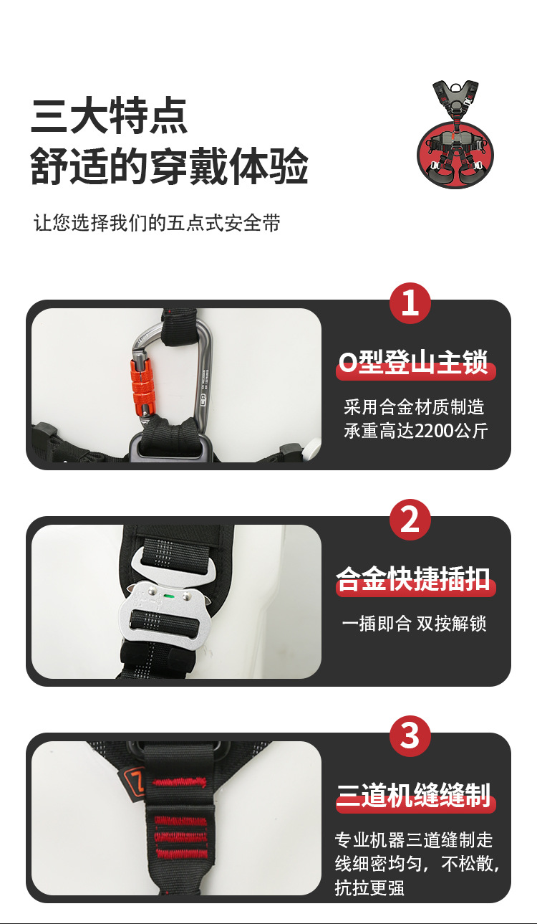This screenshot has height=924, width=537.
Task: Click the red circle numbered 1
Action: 410,303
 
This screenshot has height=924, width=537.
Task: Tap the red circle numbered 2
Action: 410,520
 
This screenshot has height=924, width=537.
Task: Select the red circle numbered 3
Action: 410,736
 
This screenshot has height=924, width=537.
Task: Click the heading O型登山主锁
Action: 415,363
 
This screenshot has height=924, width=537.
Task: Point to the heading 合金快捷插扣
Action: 415,580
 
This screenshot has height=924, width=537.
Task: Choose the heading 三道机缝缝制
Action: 415,796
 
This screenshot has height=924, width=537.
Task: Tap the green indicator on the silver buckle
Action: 170,595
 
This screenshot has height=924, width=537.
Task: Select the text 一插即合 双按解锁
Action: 414,624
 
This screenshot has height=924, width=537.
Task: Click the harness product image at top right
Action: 455,135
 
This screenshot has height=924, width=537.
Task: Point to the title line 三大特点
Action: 109,117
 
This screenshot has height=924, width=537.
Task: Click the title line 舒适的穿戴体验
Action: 169,167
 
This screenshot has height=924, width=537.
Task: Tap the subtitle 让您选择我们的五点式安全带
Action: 157,223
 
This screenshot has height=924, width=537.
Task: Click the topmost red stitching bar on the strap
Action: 180,782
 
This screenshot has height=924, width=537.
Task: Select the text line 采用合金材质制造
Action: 414,408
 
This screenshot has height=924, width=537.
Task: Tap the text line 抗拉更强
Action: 369,887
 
